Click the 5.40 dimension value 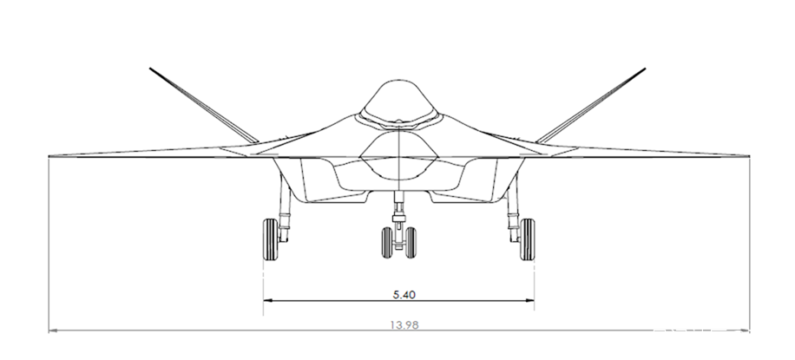(x=404, y=295)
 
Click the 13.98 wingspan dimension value (x=404, y=325)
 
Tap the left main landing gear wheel (x=270, y=239)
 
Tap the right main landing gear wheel (x=528, y=239)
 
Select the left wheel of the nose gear (x=387, y=242)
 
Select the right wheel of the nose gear (x=411, y=242)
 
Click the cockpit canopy (x=398, y=101)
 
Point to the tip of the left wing (x=49, y=156)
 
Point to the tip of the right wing (x=749, y=156)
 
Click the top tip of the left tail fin (x=150, y=68)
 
